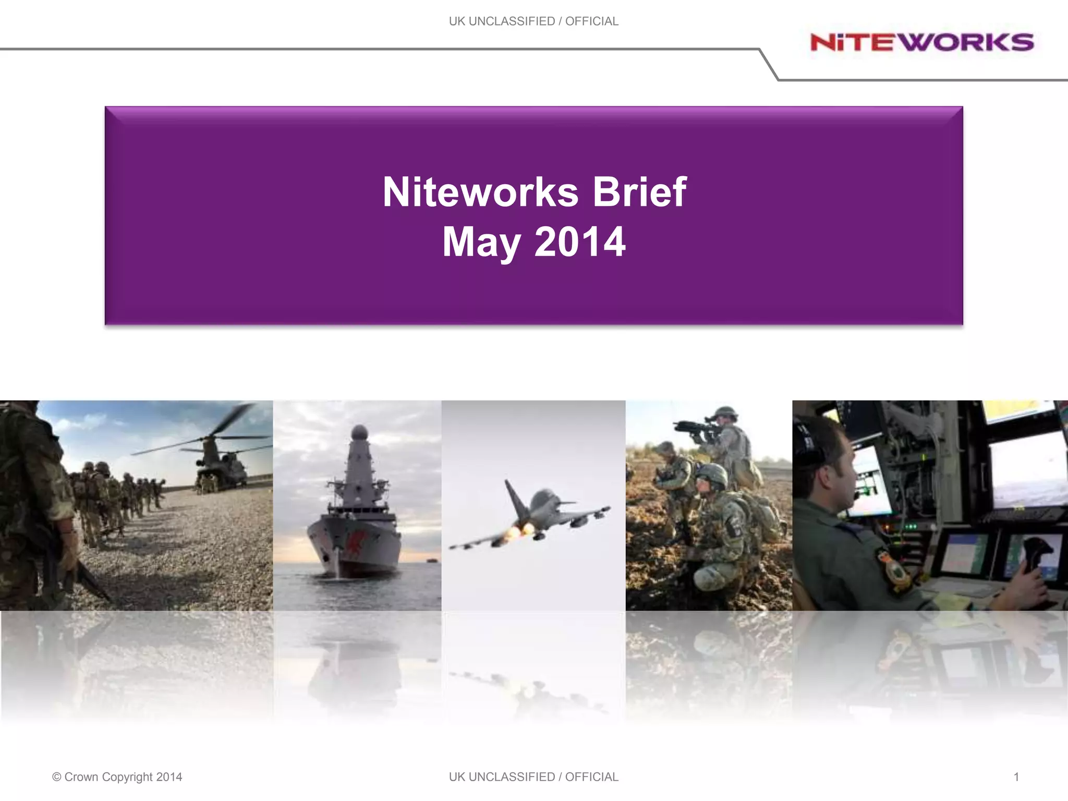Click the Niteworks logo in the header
[921, 42]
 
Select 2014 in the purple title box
[579, 242]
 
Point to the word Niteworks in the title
[480, 192]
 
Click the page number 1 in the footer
[1016, 777]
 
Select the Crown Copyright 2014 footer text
[117, 777]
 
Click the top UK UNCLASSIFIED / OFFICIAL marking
[533, 21]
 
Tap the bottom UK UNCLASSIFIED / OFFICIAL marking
[533, 777]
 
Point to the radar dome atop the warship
[359, 432]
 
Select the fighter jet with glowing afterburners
[537, 514]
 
